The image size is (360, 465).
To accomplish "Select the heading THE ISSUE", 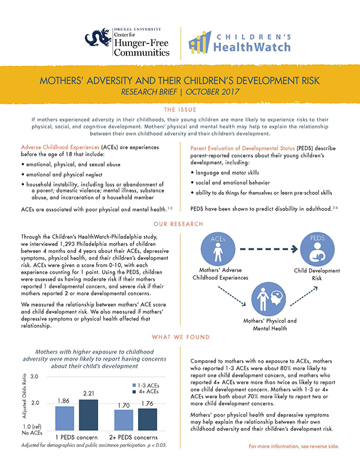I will (179, 110).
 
